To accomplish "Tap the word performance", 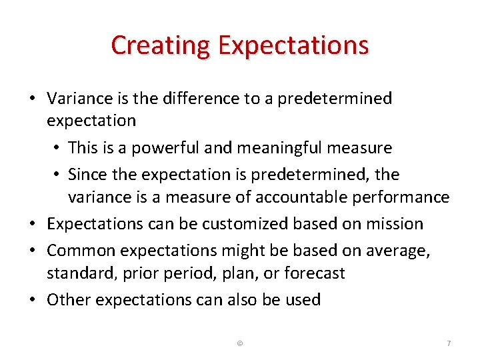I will (x=406, y=197).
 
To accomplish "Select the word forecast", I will (x=314, y=273).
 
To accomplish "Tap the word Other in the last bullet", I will (x=69, y=300).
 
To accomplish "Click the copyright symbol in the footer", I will (x=240, y=343).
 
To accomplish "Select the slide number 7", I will (x=449, y=343).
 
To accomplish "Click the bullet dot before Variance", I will (x=32, y=99).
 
